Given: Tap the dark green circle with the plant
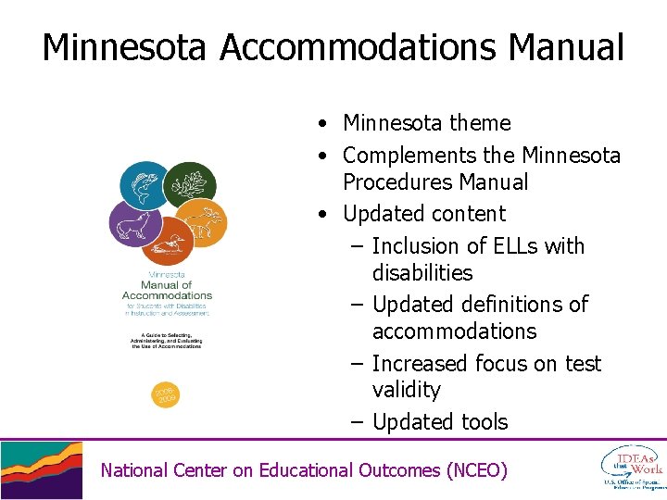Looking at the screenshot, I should tap(189, 184).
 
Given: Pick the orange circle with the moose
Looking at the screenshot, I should tap(201, 223).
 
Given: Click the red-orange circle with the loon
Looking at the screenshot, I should tap(168, 243).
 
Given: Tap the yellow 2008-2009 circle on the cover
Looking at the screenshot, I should tap(165, 395).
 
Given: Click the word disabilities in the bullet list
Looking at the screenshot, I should tap(422, 273).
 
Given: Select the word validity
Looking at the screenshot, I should tap(407, 390).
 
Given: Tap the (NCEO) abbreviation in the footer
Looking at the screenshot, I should tap(476, 470).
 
